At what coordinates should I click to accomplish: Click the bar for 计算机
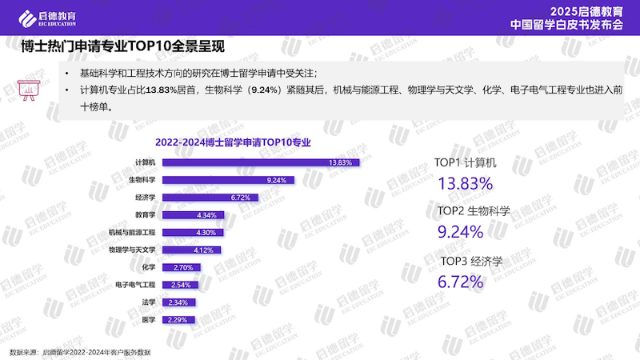pos(260,162)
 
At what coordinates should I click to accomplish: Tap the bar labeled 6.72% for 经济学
pos(208,198)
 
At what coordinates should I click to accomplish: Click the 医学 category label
pos(148,320)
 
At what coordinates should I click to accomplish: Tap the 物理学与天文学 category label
pos(131,250)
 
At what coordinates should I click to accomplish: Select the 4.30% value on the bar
pos(206,233)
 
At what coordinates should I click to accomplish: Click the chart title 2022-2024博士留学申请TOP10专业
pos(233,142)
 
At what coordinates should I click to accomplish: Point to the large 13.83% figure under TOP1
pos(465,184)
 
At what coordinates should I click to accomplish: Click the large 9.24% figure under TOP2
pos(460,233)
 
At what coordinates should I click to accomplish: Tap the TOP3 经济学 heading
pos(471,261)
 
